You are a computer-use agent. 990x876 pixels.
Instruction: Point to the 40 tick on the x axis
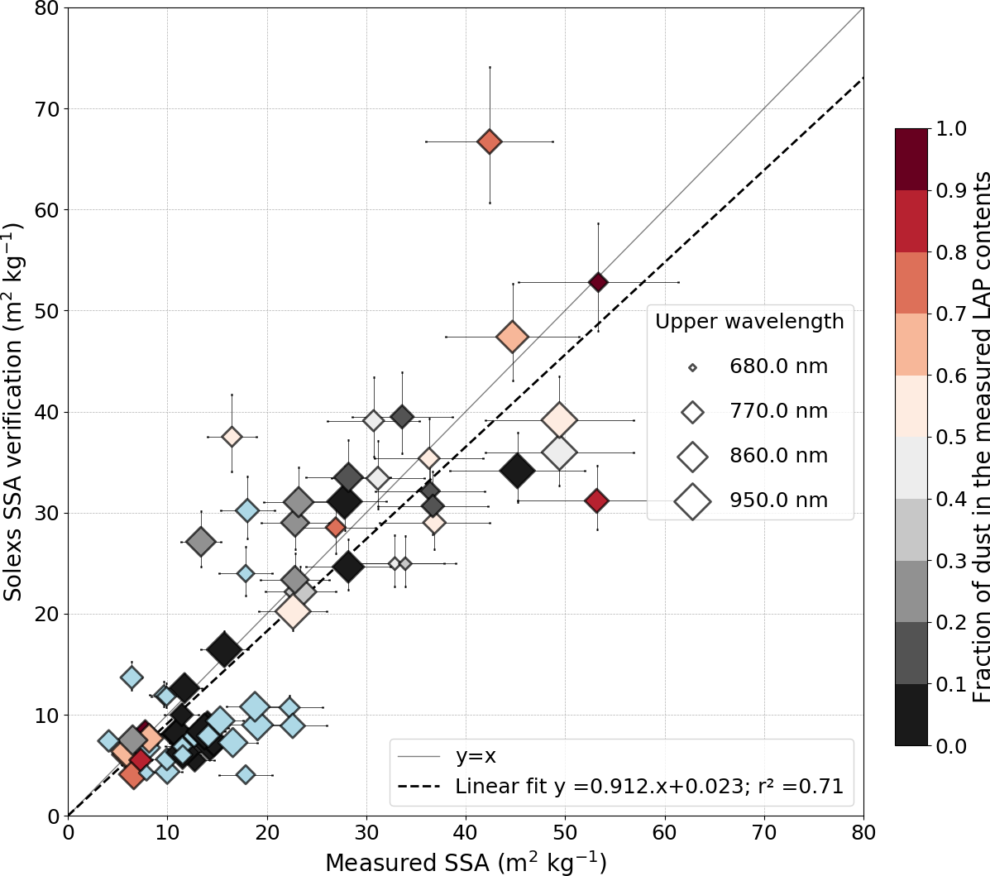point(466,830)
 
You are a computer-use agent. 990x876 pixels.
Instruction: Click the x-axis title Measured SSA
point(466,862)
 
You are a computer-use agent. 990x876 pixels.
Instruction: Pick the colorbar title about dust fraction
point(979,437)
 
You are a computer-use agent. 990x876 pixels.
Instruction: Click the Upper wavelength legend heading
point(749,321)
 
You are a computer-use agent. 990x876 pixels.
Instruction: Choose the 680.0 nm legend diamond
point(692,366)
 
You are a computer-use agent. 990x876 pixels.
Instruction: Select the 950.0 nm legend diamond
point(692,500)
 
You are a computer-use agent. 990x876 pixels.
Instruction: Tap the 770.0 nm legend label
point(778,411)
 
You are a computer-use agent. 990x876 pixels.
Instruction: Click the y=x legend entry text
point(476,755)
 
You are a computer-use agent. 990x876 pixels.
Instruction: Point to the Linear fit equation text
point(649,787)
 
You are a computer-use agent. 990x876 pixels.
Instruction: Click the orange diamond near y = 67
point(490,141)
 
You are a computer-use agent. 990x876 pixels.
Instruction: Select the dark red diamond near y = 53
point(598,282)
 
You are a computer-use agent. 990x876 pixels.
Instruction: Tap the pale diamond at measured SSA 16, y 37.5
point(232,436)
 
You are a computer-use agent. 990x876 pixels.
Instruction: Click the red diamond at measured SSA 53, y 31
point(596,500)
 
